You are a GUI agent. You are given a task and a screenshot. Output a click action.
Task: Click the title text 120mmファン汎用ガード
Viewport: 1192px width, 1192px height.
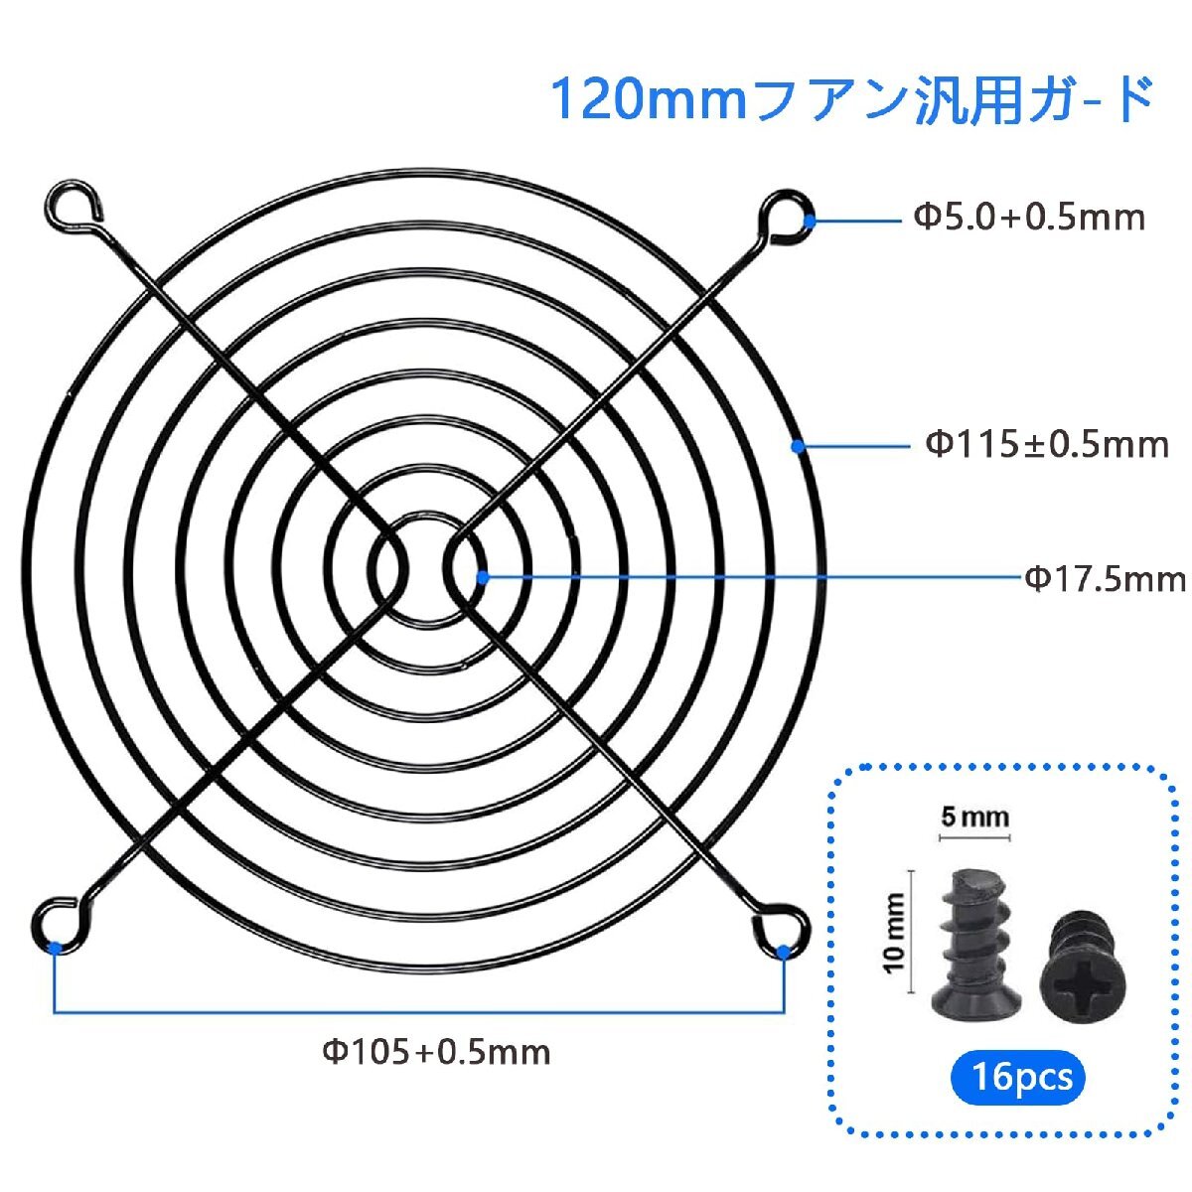click(850, 99)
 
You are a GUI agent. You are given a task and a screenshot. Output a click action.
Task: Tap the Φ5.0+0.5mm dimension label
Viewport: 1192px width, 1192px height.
click(1029, 219)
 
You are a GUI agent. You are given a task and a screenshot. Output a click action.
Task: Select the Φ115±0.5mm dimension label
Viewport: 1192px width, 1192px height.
click(1047, 445)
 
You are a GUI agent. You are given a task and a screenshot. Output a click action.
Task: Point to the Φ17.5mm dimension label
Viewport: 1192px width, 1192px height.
click(1106, 579)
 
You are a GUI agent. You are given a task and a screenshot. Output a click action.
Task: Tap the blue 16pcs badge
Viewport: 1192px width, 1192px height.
click(1018, 1077)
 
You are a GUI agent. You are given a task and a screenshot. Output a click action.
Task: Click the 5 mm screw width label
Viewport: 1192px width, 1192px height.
click(974, 818)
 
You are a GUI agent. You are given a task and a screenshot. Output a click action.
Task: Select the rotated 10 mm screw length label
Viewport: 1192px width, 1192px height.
click(895, 933)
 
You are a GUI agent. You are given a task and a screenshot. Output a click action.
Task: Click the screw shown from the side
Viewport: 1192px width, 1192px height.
click(974, 946)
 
